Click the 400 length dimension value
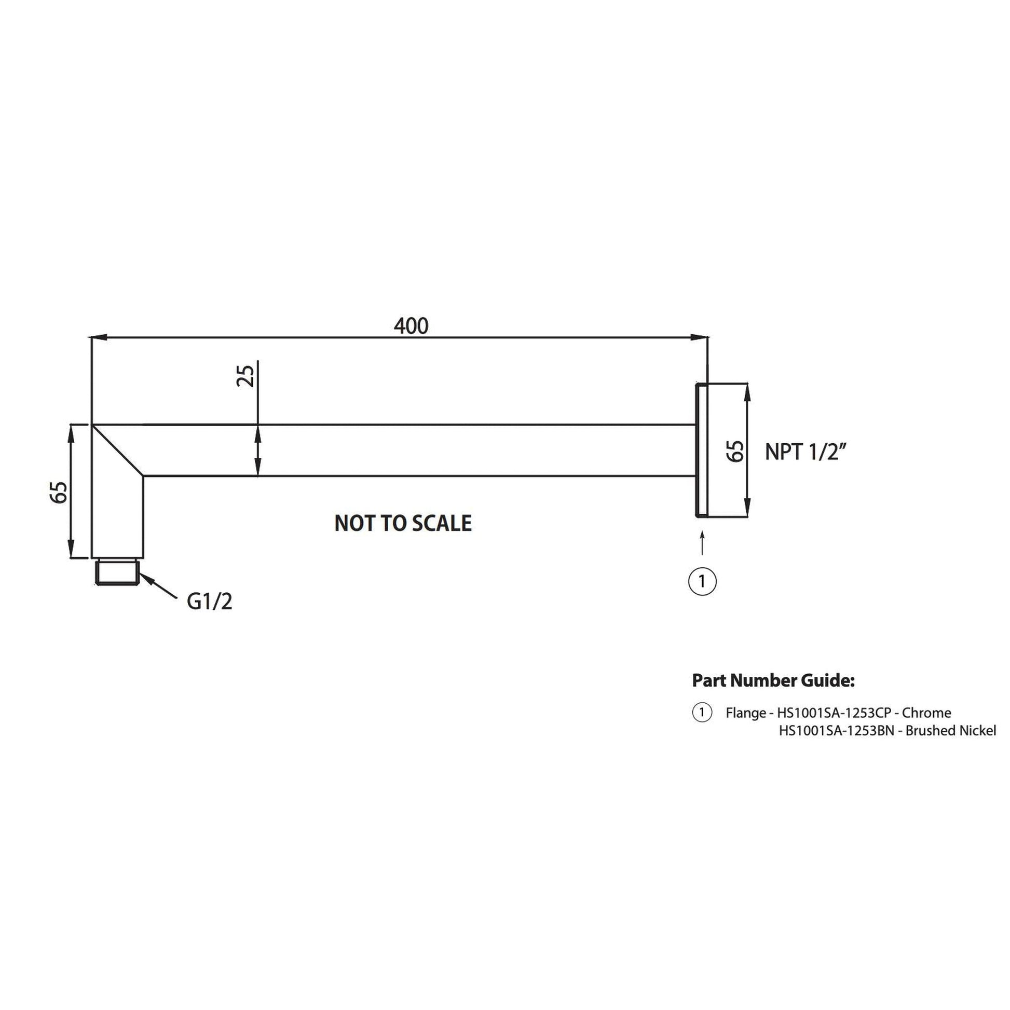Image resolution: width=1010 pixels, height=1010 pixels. (x=411, y=326)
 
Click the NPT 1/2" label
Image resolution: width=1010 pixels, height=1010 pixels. (x=805, y=452)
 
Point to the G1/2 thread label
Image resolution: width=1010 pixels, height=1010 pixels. (x=209, y=602)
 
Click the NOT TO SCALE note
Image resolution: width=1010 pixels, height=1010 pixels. (x=403, y=523)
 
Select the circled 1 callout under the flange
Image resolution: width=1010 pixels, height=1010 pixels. (x=702, y=581)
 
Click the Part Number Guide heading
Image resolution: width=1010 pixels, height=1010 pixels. (x=773, y=680)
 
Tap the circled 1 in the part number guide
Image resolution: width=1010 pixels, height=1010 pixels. (x=702, y=712)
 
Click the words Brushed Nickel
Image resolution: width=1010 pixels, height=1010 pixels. (x=950, y=731)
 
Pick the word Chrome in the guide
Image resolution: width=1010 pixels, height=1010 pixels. (x=926, y=713)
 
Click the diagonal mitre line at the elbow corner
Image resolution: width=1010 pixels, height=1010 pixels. (x=118, y=451)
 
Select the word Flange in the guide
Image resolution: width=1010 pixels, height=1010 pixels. (x=746, y=713)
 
